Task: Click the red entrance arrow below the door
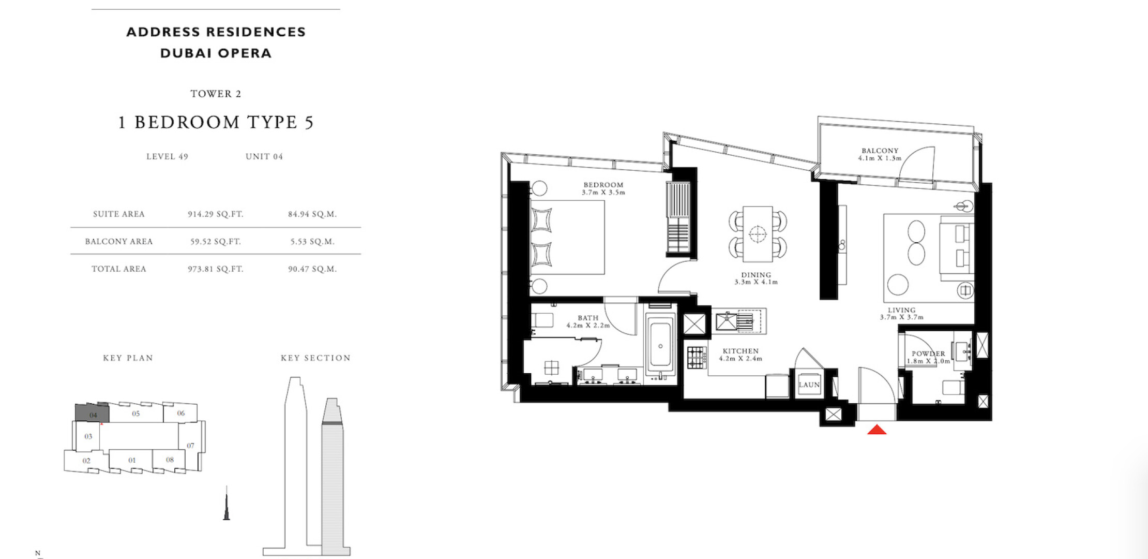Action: pyautogui.click(x=877, y=429)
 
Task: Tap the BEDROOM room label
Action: pyautogui.click(x=603, y=185)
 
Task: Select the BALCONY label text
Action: pyautogui.click(x=880, y=151)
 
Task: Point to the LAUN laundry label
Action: pyautogui.click(x=809, y=385)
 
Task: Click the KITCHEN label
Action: pyautogui.click(x=741, y=351)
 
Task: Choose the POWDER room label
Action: pyautogui.click(x=928, y=354)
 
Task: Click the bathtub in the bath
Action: pyautogui.click(x=660, y=346)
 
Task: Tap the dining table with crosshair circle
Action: pyautogui.click(x=758, y=234)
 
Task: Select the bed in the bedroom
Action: pyautogui.click(x=567, y=237)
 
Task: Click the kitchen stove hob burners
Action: pyautogui.click(x=697, y=358)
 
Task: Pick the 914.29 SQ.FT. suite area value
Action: pyautogui.click(x=216, y=214)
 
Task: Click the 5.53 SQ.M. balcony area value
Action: pyautogui.click(x=312, y=241)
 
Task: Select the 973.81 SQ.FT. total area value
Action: pyautogui.click(x=216, y=269)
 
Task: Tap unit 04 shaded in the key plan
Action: pyautogui.click(x=93, y=413)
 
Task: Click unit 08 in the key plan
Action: pyautogui.click(x=170, y=460)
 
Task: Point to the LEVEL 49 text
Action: pyautogui.click(x=167, y=156)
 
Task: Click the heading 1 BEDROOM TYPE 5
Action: pyautogui.click(x=216, y=122)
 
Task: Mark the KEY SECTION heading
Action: pyautogui.click(x=315, y=358)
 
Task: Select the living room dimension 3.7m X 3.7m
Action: pyautogui.click(x=902, y=317)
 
